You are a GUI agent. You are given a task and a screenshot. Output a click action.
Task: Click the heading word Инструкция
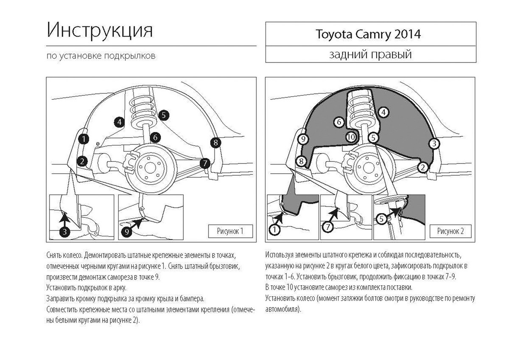tap(100, 30)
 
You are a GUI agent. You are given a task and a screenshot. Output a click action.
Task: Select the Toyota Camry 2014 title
tap(367, 34)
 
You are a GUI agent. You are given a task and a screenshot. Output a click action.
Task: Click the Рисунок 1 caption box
tap(230, 231)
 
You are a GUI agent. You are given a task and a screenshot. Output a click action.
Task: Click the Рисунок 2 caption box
tap(450, 231)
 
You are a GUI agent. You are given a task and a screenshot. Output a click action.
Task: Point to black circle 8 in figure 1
tap(215, 143)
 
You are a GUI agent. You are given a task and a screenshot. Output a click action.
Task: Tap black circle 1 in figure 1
tap(84, 138)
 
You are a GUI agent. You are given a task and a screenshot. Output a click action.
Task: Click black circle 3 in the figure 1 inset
tap(64, 231)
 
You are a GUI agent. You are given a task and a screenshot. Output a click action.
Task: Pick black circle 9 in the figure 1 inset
tap(127, 231)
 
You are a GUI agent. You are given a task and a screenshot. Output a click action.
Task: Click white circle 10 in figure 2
tap(350, 137)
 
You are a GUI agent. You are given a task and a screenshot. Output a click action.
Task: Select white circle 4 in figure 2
tap(383, 112)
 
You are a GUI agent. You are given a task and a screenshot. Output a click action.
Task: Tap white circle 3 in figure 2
tap(433, 144)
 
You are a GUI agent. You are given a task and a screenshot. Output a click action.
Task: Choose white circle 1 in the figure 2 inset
tap(274, 230)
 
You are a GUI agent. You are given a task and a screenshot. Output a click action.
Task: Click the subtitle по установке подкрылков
tap(98, 56)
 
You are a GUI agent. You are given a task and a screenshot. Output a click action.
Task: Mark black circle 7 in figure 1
tap(204, 163)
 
